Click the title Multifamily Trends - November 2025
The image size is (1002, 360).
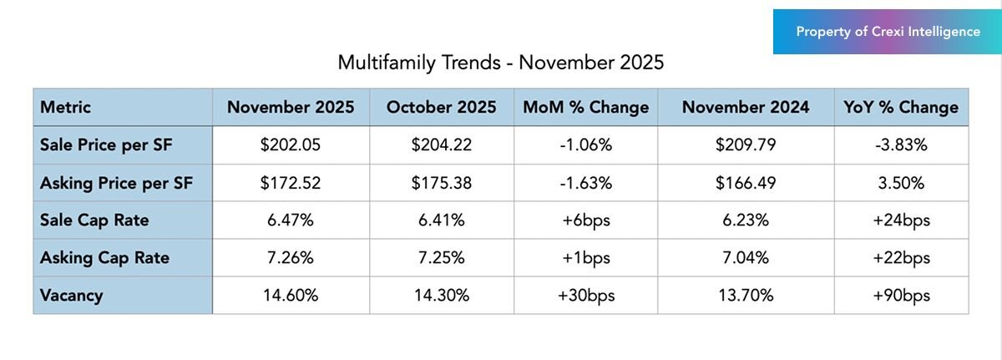click(500, 63)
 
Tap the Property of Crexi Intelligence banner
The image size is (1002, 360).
click(888, 32)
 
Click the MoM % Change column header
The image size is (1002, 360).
click(585, 107)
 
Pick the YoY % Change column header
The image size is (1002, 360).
click(901, 107)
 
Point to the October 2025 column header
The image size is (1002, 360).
click(441, 107)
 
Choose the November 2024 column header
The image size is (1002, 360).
click(745, 107)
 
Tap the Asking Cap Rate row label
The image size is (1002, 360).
click(104, 258)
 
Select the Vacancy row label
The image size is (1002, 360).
click(71, 296)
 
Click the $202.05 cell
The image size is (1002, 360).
click(291, 145)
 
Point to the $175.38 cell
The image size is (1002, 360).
click(441, 183)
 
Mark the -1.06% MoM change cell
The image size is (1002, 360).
click(585, 145)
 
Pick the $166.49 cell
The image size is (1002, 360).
click(745, 183)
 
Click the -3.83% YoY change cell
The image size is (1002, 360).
click(901, 145)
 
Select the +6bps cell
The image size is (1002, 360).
click(585, 221)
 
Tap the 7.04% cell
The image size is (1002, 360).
click(745, 258)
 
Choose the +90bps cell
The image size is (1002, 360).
click(901, 296)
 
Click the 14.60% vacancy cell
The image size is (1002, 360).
click(291, 296)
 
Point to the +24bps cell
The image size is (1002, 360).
click(901, 221)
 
